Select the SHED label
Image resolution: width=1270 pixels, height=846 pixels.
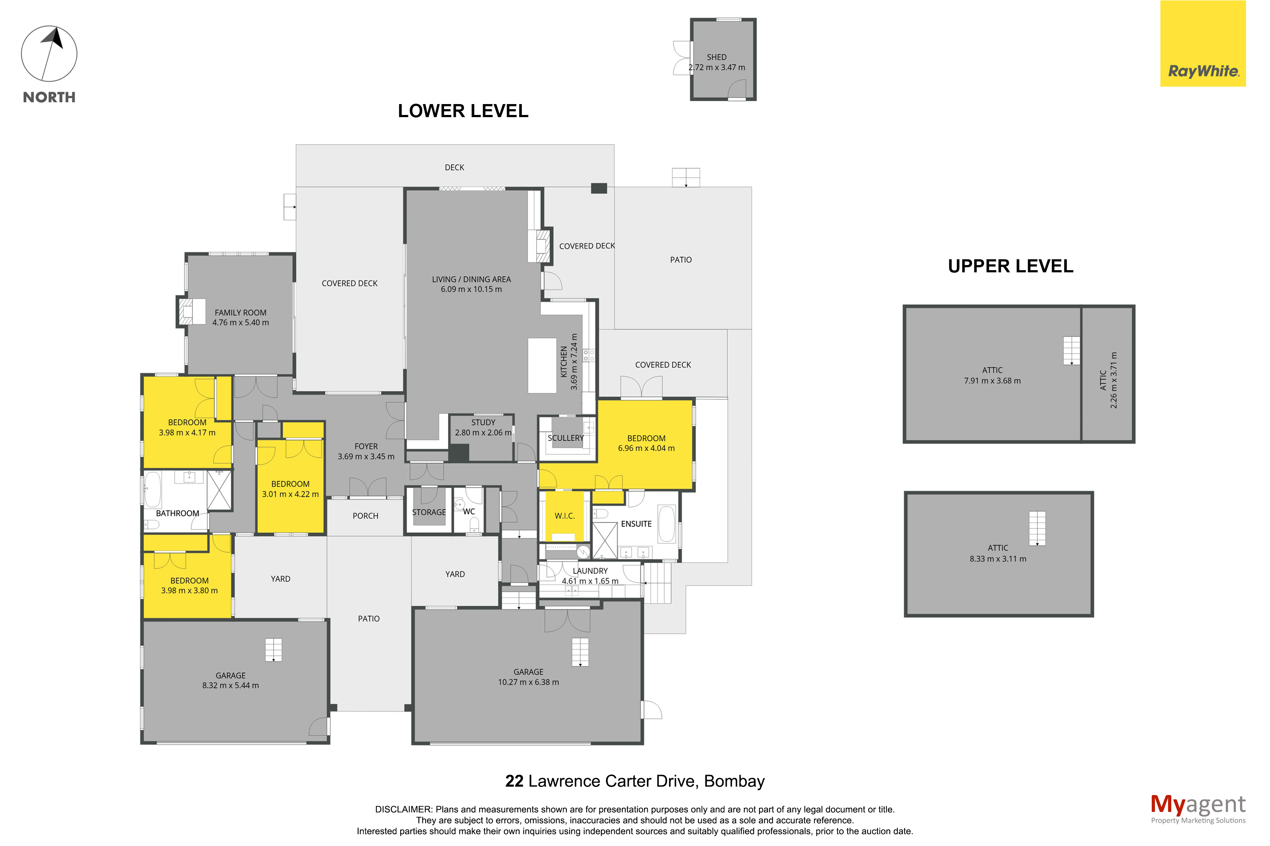click(716, 57)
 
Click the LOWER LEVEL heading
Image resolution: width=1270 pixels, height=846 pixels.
click(463, 111)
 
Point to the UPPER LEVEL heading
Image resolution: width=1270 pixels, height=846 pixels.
click(1011, 266)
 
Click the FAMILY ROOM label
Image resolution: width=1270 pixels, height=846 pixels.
click(240, 313)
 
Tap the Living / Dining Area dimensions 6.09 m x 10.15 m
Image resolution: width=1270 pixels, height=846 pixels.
click(471, 289)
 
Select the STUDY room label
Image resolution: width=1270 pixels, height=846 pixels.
click(483, 422)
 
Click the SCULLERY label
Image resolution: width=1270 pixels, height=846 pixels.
click(566, 438)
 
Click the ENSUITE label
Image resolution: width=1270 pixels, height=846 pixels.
click(636, 524)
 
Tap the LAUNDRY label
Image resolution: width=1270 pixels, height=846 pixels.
click(590, 571)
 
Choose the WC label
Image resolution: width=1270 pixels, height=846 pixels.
click(469, 512)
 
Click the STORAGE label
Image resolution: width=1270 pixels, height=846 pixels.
click(429, 512)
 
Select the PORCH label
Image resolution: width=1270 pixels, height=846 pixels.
click(365, 516)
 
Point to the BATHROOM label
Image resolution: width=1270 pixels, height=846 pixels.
click(177, 513)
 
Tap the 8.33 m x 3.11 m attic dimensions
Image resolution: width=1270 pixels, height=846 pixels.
click(998, 559)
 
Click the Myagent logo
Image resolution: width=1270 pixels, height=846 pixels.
click(1198, 808)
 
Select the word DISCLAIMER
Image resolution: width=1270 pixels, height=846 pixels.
click(403, 809)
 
